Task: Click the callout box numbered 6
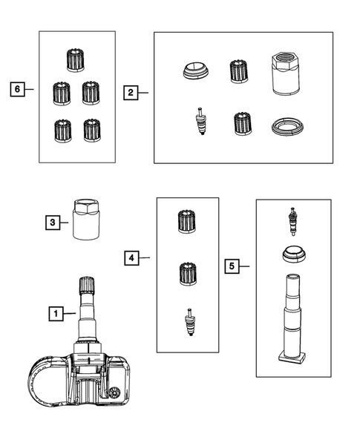(17, 89)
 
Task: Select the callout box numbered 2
(131, 93)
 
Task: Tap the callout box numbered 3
(53, 223)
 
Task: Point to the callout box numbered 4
(131, 257)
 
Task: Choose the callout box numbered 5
(232, 266)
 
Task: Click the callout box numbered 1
(56, 314)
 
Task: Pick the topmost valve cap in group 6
(75, 61)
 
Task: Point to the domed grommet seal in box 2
(196, 70)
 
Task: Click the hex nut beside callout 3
(86, 219)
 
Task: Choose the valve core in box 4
(189, 322)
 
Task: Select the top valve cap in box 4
(186, 222)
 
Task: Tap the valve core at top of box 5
(292, 222)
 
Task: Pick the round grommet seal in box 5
(294, 254)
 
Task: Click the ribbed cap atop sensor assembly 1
(87, 285)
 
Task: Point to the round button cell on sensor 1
(114, 393)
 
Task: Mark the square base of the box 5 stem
(292, 358)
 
